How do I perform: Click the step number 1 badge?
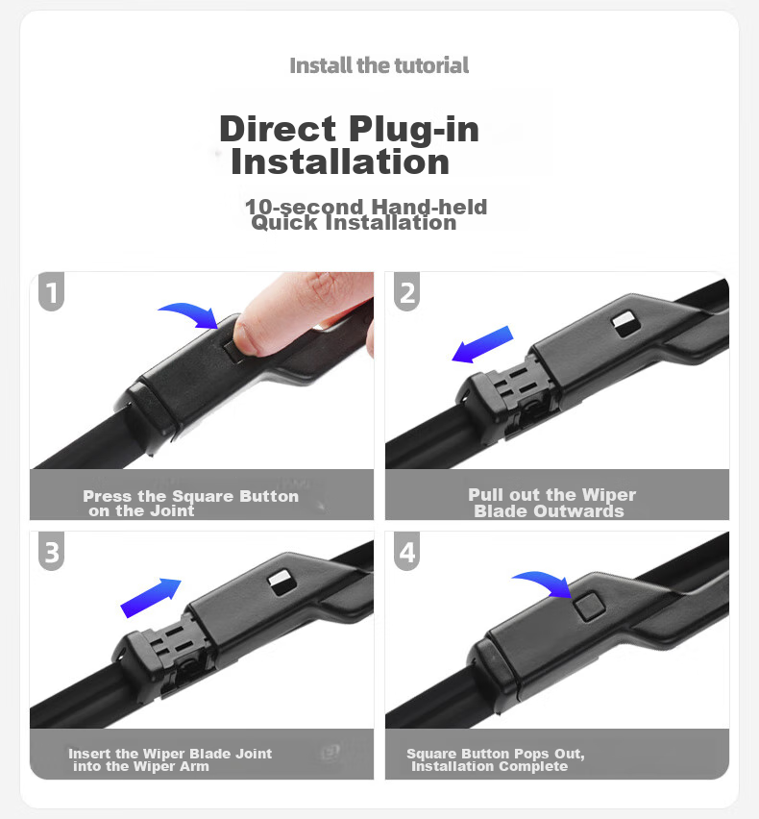click(x=51, y=291)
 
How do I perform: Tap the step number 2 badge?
click(x=406, y=291)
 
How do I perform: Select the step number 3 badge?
click(x=51, y=551)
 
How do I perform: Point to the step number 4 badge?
click(x=406, y=551)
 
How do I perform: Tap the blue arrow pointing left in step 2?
click(x=482, y=344)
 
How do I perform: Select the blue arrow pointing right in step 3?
click(x=151, y=598)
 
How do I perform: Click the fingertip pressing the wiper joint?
click(x=250, y=335)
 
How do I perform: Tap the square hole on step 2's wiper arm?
click(x=625, y=323)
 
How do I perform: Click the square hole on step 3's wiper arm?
click(x=282, y=583)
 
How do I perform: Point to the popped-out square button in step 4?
click(x=588, y=607)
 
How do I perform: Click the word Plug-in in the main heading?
click(x=414, y=129)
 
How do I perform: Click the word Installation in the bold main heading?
click(x=340, y=161)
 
